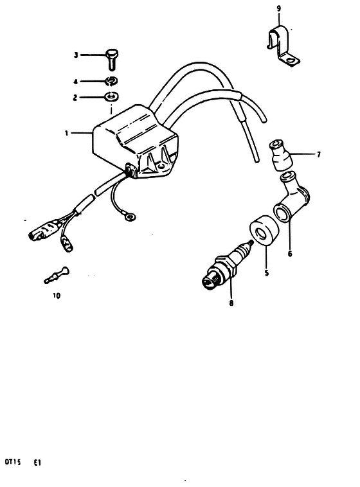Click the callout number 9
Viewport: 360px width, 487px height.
(279, 8)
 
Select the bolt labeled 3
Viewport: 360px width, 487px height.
(112, 60)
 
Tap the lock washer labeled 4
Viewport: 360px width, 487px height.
(112, 81)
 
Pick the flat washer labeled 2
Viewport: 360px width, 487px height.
(112, 97)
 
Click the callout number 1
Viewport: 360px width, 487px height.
(66, 133)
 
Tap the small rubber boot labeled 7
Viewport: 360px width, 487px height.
(280, 155)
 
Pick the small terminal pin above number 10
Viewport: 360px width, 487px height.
(57, 275)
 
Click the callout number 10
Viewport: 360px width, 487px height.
(57, 296)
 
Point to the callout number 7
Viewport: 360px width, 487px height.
(318, 154)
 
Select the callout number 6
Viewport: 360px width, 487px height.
(290, 254)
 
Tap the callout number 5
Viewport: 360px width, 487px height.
(266, 273)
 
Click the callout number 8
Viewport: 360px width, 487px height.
(231, 303)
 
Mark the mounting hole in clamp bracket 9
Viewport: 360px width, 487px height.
(291, 60)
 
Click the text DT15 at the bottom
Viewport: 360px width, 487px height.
(13, 462)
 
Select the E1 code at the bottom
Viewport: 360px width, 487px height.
(37, 463)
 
